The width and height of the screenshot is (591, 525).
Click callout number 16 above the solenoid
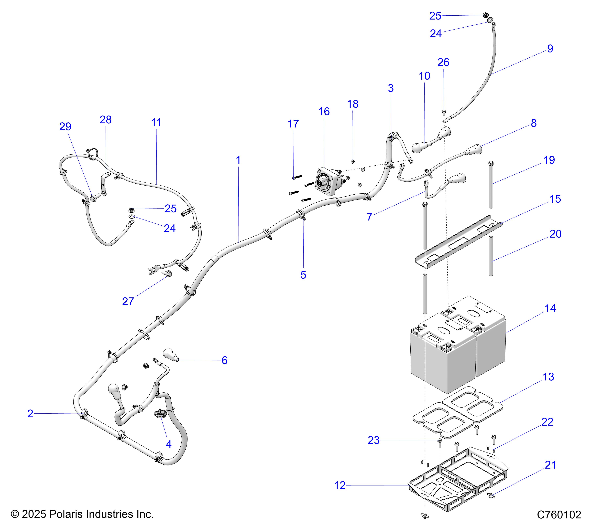pyautogui.click(x=324, y=112)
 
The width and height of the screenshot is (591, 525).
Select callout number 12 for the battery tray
pyautogui.click(x=340, y=485)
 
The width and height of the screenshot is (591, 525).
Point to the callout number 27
pyautogui.click(x=128, y=301)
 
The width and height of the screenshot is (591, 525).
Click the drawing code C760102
pyautogui.click(x=559, y=514)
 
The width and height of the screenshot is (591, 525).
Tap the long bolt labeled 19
pyautogui.click(x=491, y=185)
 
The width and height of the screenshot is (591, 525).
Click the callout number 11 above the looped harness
pyautogui.click(x=156, y=123)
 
